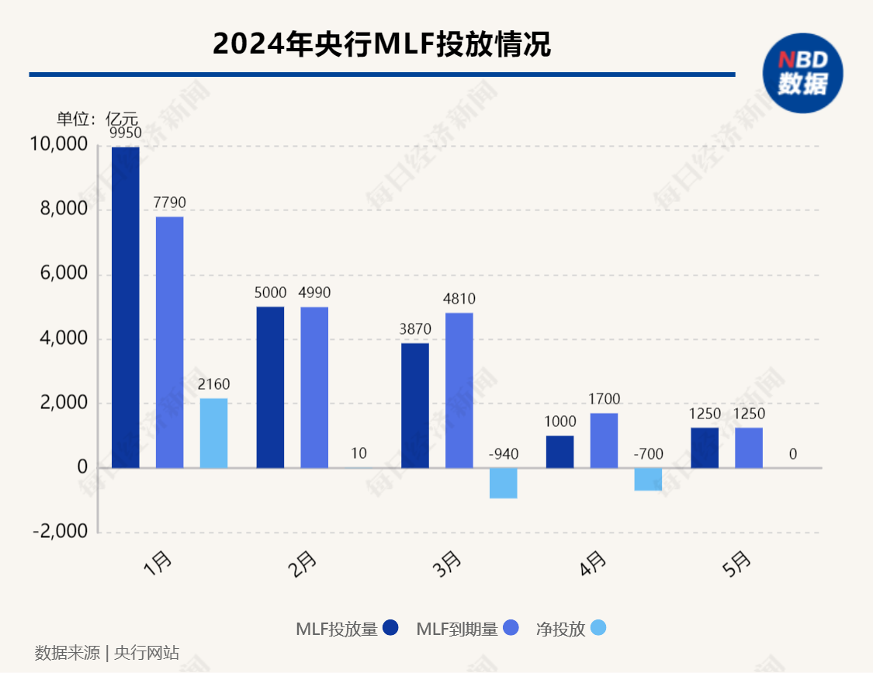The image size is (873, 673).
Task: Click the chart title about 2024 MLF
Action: tap(382, 43)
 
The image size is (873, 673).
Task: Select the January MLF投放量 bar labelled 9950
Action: tap(126, 307)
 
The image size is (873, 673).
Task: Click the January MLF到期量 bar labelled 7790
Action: tap(170, 342)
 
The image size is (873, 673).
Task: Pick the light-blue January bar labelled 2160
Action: tap(214, 433)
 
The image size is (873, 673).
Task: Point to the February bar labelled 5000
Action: tap(270, 387)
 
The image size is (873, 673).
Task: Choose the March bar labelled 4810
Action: tap(459, 390)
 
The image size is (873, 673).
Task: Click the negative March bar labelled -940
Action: tap(503, 483)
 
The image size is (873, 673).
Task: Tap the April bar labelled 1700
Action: tap(604, 440)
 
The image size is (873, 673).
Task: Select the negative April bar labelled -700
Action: tap(648, 479)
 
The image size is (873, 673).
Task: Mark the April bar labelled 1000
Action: tap(560, 452)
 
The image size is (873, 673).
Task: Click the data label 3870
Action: tap(414, 330)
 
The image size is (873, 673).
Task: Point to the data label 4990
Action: tap(314, 293)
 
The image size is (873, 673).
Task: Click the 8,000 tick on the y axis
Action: tap(60, 210)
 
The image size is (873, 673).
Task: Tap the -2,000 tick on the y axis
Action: tap(60, 532)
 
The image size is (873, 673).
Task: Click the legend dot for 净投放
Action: tap(598, 628)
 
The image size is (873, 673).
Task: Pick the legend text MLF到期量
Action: tap(457, 629)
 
